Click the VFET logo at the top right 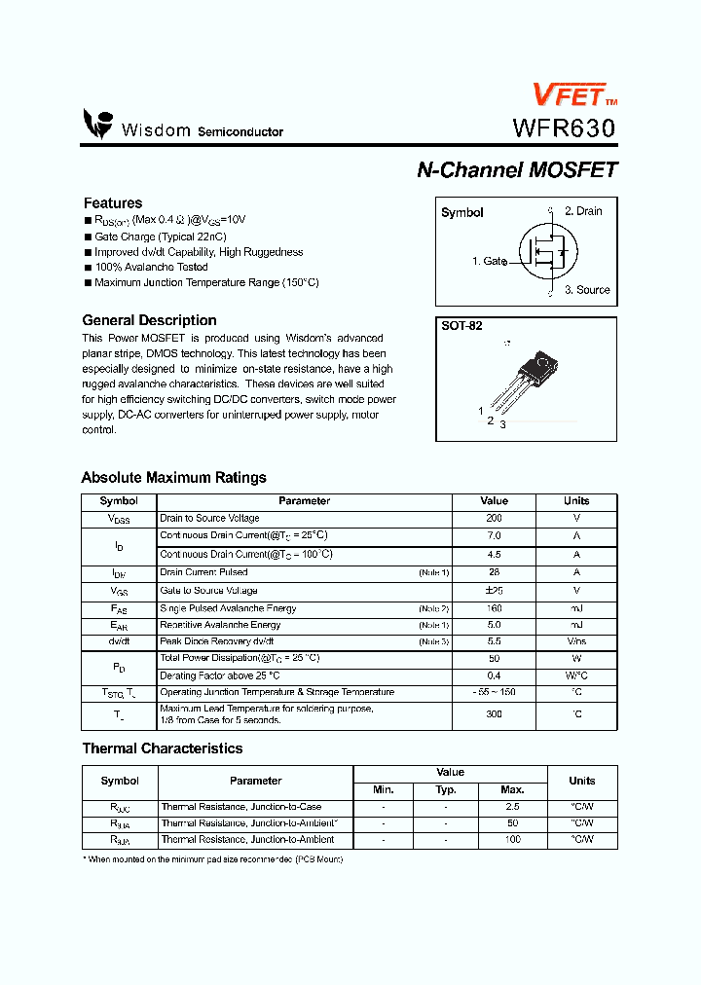(572, 93)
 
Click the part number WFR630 (564, 128)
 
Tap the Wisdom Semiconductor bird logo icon (98, 124)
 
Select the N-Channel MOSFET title (517, 169)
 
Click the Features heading (113, 203)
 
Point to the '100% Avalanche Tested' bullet (151, 267)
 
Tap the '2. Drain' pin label (583, 211)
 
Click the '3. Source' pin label (587, 290)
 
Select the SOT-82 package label (462, 327)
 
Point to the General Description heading (149, 320)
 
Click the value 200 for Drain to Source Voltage (494, 519)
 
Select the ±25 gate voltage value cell (494, 591)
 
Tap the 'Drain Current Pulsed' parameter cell (203, 572)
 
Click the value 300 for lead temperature (494, 714)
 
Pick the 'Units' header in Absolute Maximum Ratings (576, 501)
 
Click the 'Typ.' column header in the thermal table (446, 790)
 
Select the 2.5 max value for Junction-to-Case (512, 807)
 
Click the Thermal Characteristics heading (162, 748)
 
